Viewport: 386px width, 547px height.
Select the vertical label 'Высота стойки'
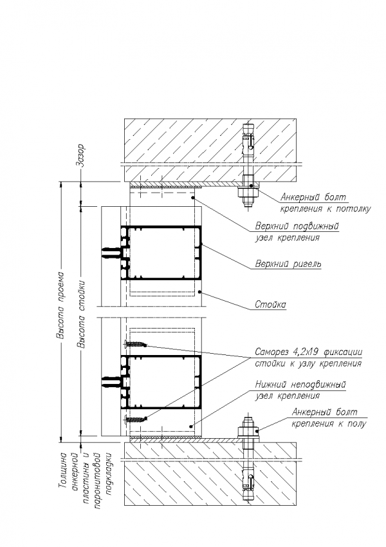point(81,314)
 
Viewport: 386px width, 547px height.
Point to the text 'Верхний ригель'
point(288,264)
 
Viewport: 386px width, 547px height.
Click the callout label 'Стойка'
point(271,304)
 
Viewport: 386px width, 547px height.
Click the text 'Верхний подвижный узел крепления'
point(297,232)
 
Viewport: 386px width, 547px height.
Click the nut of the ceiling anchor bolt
point(246,191)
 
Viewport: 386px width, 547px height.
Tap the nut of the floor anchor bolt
point(246,430)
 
